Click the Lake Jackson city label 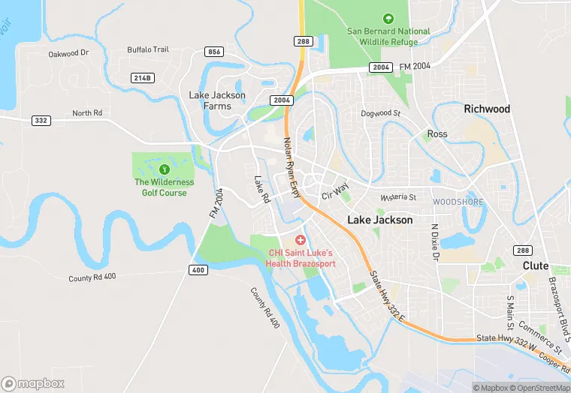[379, 220]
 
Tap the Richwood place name [487, 109]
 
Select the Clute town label [536, 266]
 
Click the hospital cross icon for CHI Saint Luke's [301, 239]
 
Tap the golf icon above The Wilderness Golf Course [164, 167]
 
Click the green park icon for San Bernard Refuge [388, 18]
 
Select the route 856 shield [214, 52]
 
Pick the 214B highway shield [143, 77]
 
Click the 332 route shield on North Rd [41, 120]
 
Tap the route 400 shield [198, 270]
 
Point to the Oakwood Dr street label [68, 53]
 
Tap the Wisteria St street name [397, 196]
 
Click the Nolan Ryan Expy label [292, 166]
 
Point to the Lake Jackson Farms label [216, 100]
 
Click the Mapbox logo [33, 383]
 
